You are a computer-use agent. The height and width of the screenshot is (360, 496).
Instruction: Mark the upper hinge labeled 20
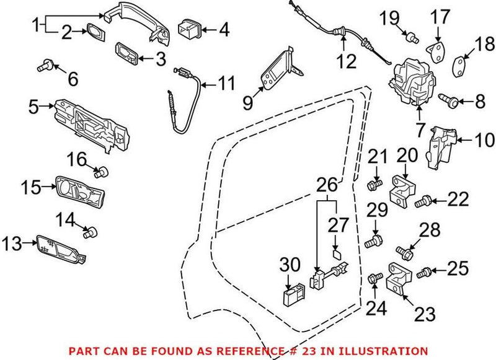click(x=402, y=188)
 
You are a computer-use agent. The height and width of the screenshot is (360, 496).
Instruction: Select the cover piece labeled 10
click(x=443, y=146)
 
